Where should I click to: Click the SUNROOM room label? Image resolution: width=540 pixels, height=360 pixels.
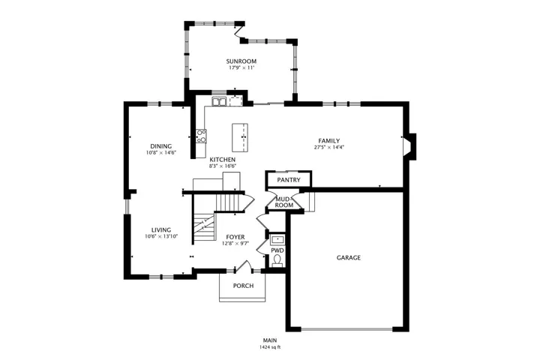[x=241, y=61]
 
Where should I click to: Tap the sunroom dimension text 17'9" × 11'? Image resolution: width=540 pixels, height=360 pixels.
[x=241, y=67]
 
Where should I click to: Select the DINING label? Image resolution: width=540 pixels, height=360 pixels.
[x=160, y=146]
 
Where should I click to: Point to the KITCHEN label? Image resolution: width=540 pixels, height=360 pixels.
[x=223, y=160]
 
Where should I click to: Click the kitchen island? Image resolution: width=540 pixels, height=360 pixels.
[x=240, y=137]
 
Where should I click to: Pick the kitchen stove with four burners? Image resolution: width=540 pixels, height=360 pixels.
[x=202, y=136]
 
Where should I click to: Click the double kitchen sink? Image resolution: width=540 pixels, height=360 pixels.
[x=219, y=102]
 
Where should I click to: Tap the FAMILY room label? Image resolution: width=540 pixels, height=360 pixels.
[x=329, y=141]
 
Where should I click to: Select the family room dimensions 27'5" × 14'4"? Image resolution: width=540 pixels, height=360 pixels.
[x=329, y=148]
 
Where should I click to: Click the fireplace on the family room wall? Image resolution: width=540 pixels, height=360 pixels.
[x=410, y=147]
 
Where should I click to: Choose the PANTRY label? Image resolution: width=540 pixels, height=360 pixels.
[x=289, y=180]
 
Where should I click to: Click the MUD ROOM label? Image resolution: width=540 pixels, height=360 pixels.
[x=283, y=202]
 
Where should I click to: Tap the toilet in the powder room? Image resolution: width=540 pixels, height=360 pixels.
[x=277, y=260]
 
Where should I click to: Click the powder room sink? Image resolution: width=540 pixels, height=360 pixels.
[x=277, y=239]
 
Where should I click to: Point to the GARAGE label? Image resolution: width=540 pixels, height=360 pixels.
[x=349, y=258]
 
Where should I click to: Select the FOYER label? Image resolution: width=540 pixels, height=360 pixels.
[x=235, y=237]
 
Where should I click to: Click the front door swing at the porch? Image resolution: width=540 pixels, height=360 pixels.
[x=244, y=266]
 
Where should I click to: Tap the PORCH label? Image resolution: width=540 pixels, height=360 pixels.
[x=243, y=286]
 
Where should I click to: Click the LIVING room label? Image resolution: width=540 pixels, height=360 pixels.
[x=161, y=230]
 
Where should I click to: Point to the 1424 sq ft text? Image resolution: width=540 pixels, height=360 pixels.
[x=270, y=347]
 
